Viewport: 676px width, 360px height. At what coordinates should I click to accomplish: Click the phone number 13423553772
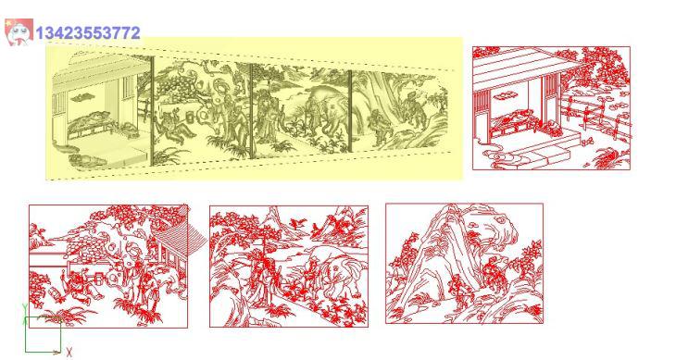point(88,33)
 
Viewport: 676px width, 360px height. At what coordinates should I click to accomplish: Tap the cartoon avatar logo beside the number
point(19,31)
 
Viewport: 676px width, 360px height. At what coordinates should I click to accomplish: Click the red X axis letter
point(69,353)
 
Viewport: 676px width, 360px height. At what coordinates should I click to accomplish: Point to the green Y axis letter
point(25,308)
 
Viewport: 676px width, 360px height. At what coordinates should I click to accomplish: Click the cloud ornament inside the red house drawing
point(502,94)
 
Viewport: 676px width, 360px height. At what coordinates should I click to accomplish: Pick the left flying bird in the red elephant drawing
point(297,223)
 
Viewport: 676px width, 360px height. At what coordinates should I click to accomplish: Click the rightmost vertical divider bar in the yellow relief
point(350,111)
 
